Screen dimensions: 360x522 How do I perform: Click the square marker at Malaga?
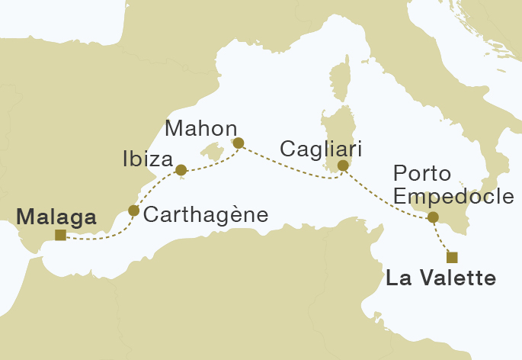[x=60, y=235]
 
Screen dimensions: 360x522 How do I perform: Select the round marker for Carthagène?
[x=134, y=211]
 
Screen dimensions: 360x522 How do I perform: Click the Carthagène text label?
[x=206, y=215]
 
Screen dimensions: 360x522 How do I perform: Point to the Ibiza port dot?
[x=181, y=170]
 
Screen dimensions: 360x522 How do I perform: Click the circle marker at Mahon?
[x=239, y=143]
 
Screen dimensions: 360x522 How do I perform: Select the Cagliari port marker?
[x=343, y=166]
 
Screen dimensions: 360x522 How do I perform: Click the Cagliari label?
[x=321, y=148]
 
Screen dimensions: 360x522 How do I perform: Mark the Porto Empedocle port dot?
[x=434, y=217]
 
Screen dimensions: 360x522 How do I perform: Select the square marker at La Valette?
[x=453, y=256]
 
